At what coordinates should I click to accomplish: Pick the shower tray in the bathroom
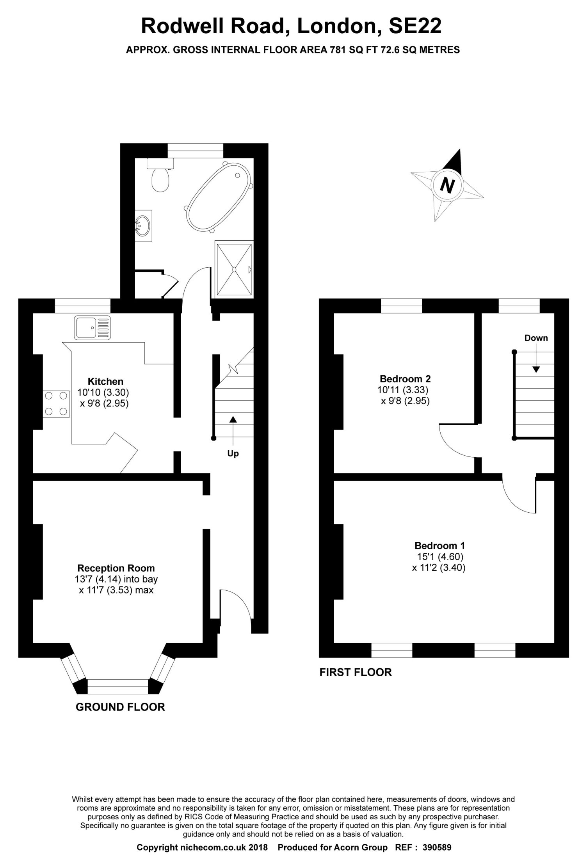click(x=234, y=269)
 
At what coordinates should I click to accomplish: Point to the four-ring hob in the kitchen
click(x=56, y=404)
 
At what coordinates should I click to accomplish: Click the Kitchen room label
click(x=105, y=381)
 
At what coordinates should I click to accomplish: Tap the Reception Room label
click(x=116, y=568)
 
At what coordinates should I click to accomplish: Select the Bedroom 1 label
click(x=439, y=545)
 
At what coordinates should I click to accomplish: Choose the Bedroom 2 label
click(x=405, y=378)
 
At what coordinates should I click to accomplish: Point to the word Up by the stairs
click(x=233, y=454)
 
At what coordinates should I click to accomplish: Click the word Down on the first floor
click(x=536, y=338)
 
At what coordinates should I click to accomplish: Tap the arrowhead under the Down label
click(x=536, y=369)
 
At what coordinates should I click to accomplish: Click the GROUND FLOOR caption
click(x=120, y=707)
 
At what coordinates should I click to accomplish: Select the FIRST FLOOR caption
click(x=356, y=672)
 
